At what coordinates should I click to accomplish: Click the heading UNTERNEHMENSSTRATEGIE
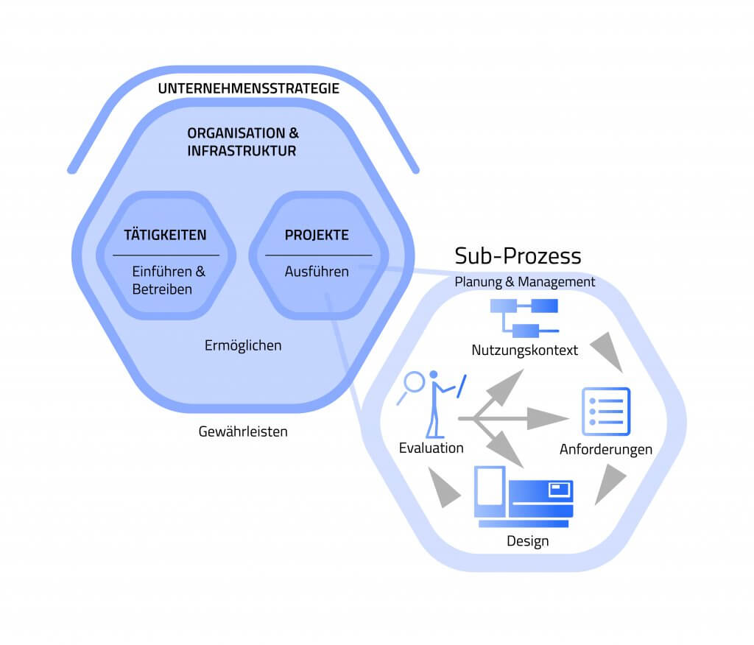pos(248,89)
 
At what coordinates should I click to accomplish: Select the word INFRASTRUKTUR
pos(242,152)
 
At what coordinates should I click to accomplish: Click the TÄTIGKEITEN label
pos(166,236)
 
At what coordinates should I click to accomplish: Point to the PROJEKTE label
pos(317,236)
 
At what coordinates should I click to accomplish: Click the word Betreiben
pos(162,289)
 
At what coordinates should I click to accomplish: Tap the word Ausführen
pos(317,272)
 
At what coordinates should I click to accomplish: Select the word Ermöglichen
pos(243,345)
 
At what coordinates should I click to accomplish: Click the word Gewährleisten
pos(243,431)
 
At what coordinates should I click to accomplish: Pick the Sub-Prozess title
pos(518,255)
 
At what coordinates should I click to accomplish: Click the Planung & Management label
pos(525,282)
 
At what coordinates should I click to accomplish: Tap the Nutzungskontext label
pos(525,350)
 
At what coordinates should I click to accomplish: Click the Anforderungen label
pos(606,449)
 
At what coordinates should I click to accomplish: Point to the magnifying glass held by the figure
pos(412,384)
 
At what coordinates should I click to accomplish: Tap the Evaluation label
pos(431,448)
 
